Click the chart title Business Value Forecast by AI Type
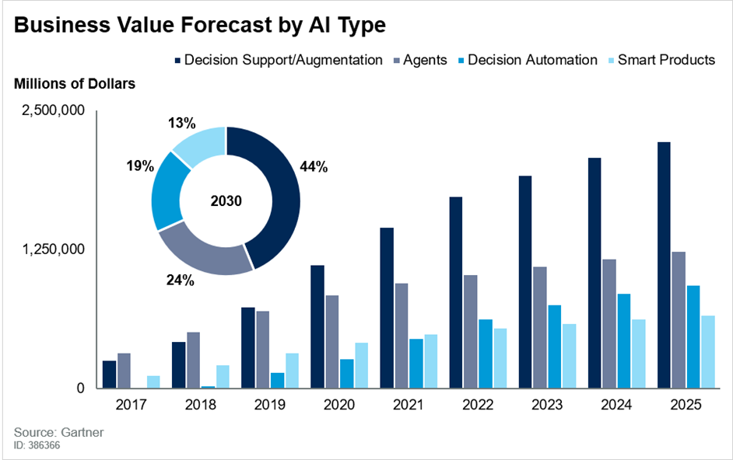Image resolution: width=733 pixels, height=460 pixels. [x=200, y=26]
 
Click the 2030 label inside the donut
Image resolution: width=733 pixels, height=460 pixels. [x=226, y=201]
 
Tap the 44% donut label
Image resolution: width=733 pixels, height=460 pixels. [x=314, y=166]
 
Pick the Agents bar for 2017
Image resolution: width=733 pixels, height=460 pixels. [x=124, y=371]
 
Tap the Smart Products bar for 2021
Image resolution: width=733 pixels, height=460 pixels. [x=430, y=361]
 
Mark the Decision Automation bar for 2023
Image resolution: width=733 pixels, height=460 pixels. [x=554, y=347]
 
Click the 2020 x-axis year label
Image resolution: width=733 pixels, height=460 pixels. [x=339, y=406]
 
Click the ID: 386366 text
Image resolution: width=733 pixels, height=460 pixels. [x=37, y=446]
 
